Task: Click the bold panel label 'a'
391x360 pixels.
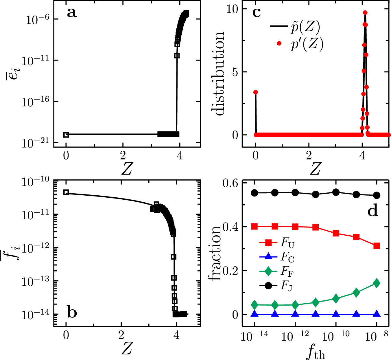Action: (72, 13)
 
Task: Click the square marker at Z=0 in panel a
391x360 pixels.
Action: (66, 135)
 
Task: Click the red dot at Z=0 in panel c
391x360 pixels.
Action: (255, 92)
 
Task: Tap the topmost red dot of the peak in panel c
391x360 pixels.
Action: (365, 13)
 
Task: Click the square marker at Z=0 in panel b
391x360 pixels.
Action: (66, 192)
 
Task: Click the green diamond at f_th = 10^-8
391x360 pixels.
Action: (377, 283)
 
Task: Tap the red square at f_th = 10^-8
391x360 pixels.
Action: (377, 246)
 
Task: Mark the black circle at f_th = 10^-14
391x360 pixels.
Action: (254, 193)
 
